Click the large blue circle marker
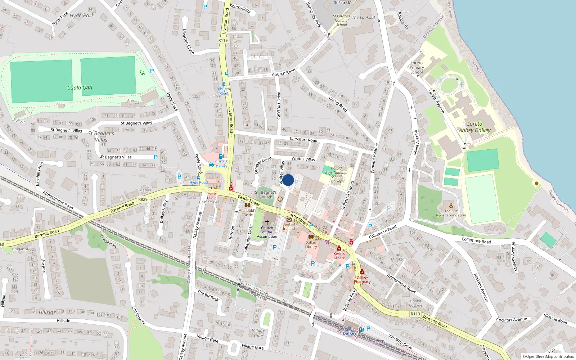(288, 180)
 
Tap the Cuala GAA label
(80, 87)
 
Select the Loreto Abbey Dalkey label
(474, 127)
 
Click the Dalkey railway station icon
(350, 328)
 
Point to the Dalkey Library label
(311, 244)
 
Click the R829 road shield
(143, 199)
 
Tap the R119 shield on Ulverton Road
(223, 40)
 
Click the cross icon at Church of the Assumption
(267, 222)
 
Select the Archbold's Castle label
(248, 212)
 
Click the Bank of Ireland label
(289, 226)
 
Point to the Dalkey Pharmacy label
(362, 279)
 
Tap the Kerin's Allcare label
(339, 256)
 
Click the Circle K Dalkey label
(221, 164)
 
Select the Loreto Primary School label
(417, 67)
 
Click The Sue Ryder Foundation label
(451, 213)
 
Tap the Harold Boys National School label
(336, 175)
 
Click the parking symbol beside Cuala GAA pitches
(152, 71)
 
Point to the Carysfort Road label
(303, 139)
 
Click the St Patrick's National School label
(341, 21)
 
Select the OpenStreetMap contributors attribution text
(548, 357)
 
